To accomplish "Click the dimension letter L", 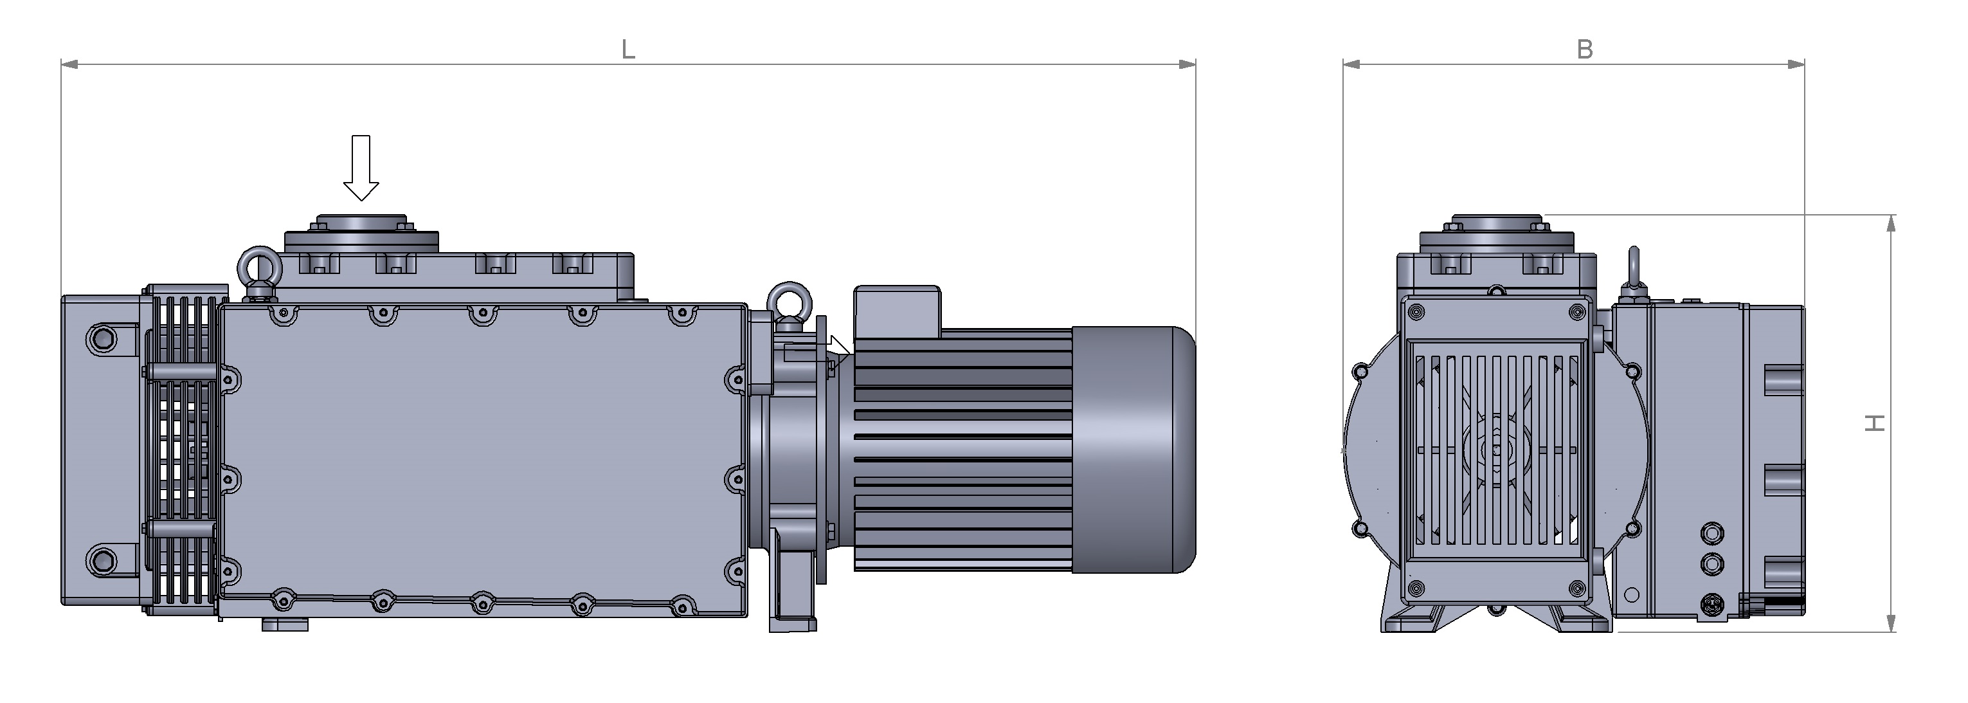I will point(628,50).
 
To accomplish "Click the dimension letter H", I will point(1875,423).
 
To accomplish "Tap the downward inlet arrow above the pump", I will point(361,168).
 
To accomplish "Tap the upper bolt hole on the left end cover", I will point(101,337).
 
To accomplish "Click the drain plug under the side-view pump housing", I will point(284,625).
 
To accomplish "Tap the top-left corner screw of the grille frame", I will point(1416,311).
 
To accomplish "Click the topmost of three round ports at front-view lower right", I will point(1713,532).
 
